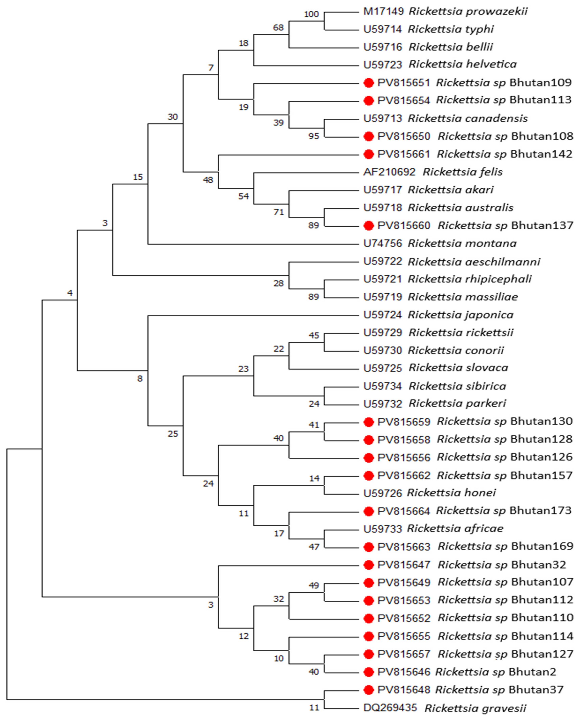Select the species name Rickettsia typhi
click(x=451, y=29)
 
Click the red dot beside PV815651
click(x=369, y=83)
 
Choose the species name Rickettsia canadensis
click(x=468, y=118)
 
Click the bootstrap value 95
click(x=314, y=136)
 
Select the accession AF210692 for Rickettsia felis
click(x=389, y=172)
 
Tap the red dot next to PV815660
click(x=369, y=226)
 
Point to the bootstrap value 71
click(x=278, y=212)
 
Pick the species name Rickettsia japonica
click(x=460, y=315)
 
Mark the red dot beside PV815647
click(x=369, y=565)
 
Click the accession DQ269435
click(x=390, y=707)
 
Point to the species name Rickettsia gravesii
click(x=475, y=708)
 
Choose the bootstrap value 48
click(x=208, y=180)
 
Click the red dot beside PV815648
click(x=369, y=690)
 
